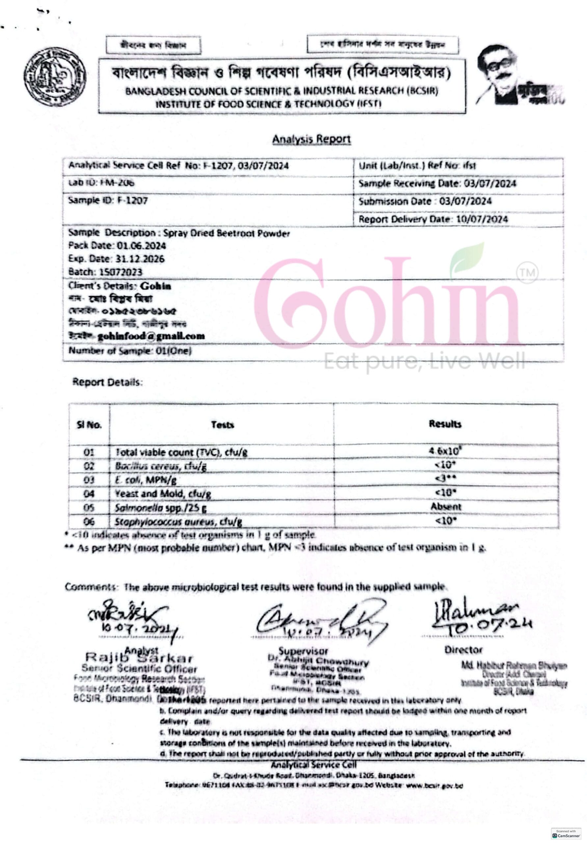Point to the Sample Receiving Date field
(x=437, y=183)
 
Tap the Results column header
(x=445, y=424)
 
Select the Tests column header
(x=222, y=425)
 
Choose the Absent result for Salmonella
(x=446, y=507)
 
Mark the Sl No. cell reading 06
(x=89, y=521)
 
